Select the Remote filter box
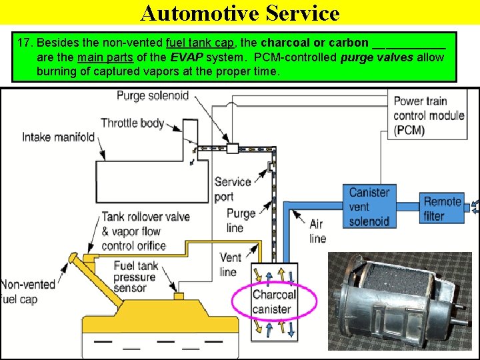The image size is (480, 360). (443, 208)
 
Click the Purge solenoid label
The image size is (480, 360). (153, 95)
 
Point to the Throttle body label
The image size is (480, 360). (132, 123)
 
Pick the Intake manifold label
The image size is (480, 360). (58, 137)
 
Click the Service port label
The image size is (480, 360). (233, 189)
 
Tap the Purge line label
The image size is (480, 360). (241, 220)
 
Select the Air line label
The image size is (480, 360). (318, 231)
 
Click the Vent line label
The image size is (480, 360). (230, 265)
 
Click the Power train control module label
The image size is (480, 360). (428, 115)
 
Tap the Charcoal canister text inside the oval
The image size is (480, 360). (274, 301)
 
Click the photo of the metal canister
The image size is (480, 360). (399, 300)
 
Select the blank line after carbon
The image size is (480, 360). (408, 43)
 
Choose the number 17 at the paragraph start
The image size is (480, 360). (25, 43)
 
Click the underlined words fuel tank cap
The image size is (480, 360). (199, 43)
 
